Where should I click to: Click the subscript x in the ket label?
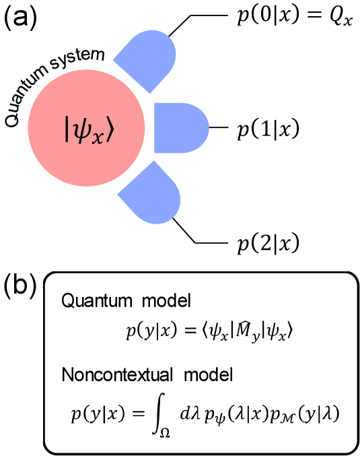[x=99, y=134]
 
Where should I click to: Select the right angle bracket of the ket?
[x=110, y=129]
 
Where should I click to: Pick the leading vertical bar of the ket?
[x=67, y=129]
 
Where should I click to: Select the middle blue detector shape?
[x=178, y=128]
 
